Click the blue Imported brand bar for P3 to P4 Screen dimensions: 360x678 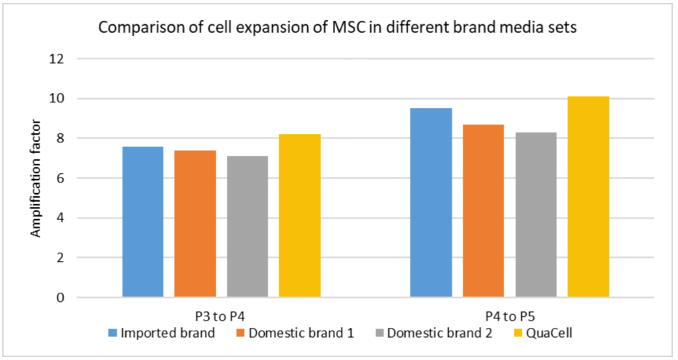coord(142,221)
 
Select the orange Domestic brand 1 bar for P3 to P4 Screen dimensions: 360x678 coord(195,223)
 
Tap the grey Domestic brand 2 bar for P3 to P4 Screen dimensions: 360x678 coord(248,226)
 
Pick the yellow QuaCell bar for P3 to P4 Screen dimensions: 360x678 coord(300,215)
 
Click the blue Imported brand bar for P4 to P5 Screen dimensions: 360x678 coord(431,203)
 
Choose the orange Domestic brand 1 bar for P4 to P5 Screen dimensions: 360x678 coord(483,210)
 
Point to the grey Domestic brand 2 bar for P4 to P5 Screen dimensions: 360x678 coord(536,215)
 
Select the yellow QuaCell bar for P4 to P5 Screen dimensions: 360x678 coord(589,197)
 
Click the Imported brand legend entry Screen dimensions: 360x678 coord(161,333)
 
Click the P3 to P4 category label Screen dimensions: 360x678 coord(221,316)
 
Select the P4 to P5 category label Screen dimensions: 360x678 coord(509,316)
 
